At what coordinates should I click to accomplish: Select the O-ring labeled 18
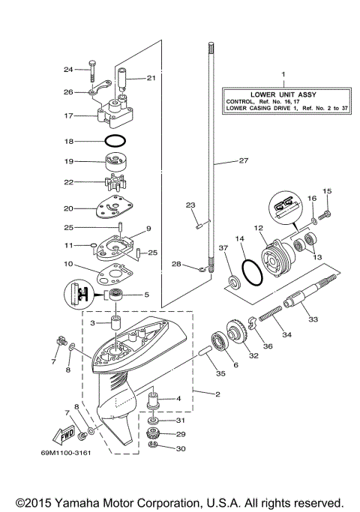coord(115,140)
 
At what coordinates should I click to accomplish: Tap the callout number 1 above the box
coord(283,75)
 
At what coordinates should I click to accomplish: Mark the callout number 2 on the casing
coord(196,394)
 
